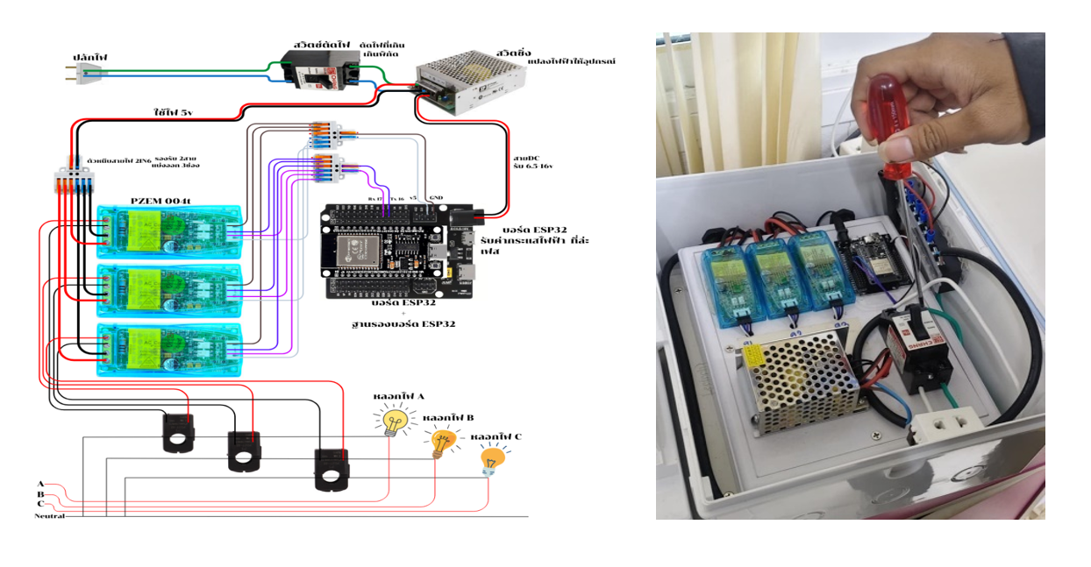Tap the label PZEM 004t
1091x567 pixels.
pos(160,201)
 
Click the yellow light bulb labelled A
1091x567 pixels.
pos(393,422)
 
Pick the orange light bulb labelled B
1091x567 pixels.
pos(442,441)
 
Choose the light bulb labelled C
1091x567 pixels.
pos(491,459)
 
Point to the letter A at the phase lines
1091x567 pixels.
pos(40,484)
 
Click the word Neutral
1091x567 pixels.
pos(50,516)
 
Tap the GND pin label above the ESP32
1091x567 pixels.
pos(437,198)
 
